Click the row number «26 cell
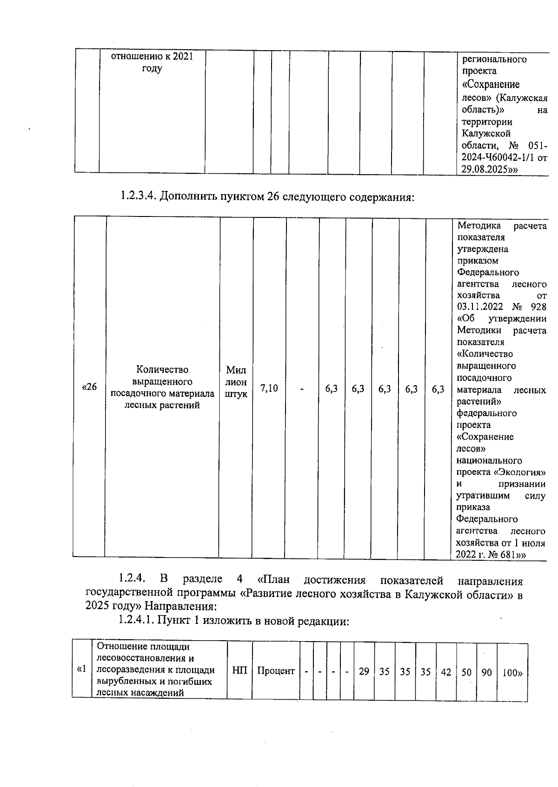tap(89, 387)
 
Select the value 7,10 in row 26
tap(269, 388)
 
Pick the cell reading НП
tap(239, 670)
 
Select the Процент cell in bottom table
tap(276, 671)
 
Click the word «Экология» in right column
tap(520, 472)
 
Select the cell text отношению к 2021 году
tap(152, 62)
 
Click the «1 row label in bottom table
tap(82, 669)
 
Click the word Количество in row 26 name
tap(162, 370)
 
